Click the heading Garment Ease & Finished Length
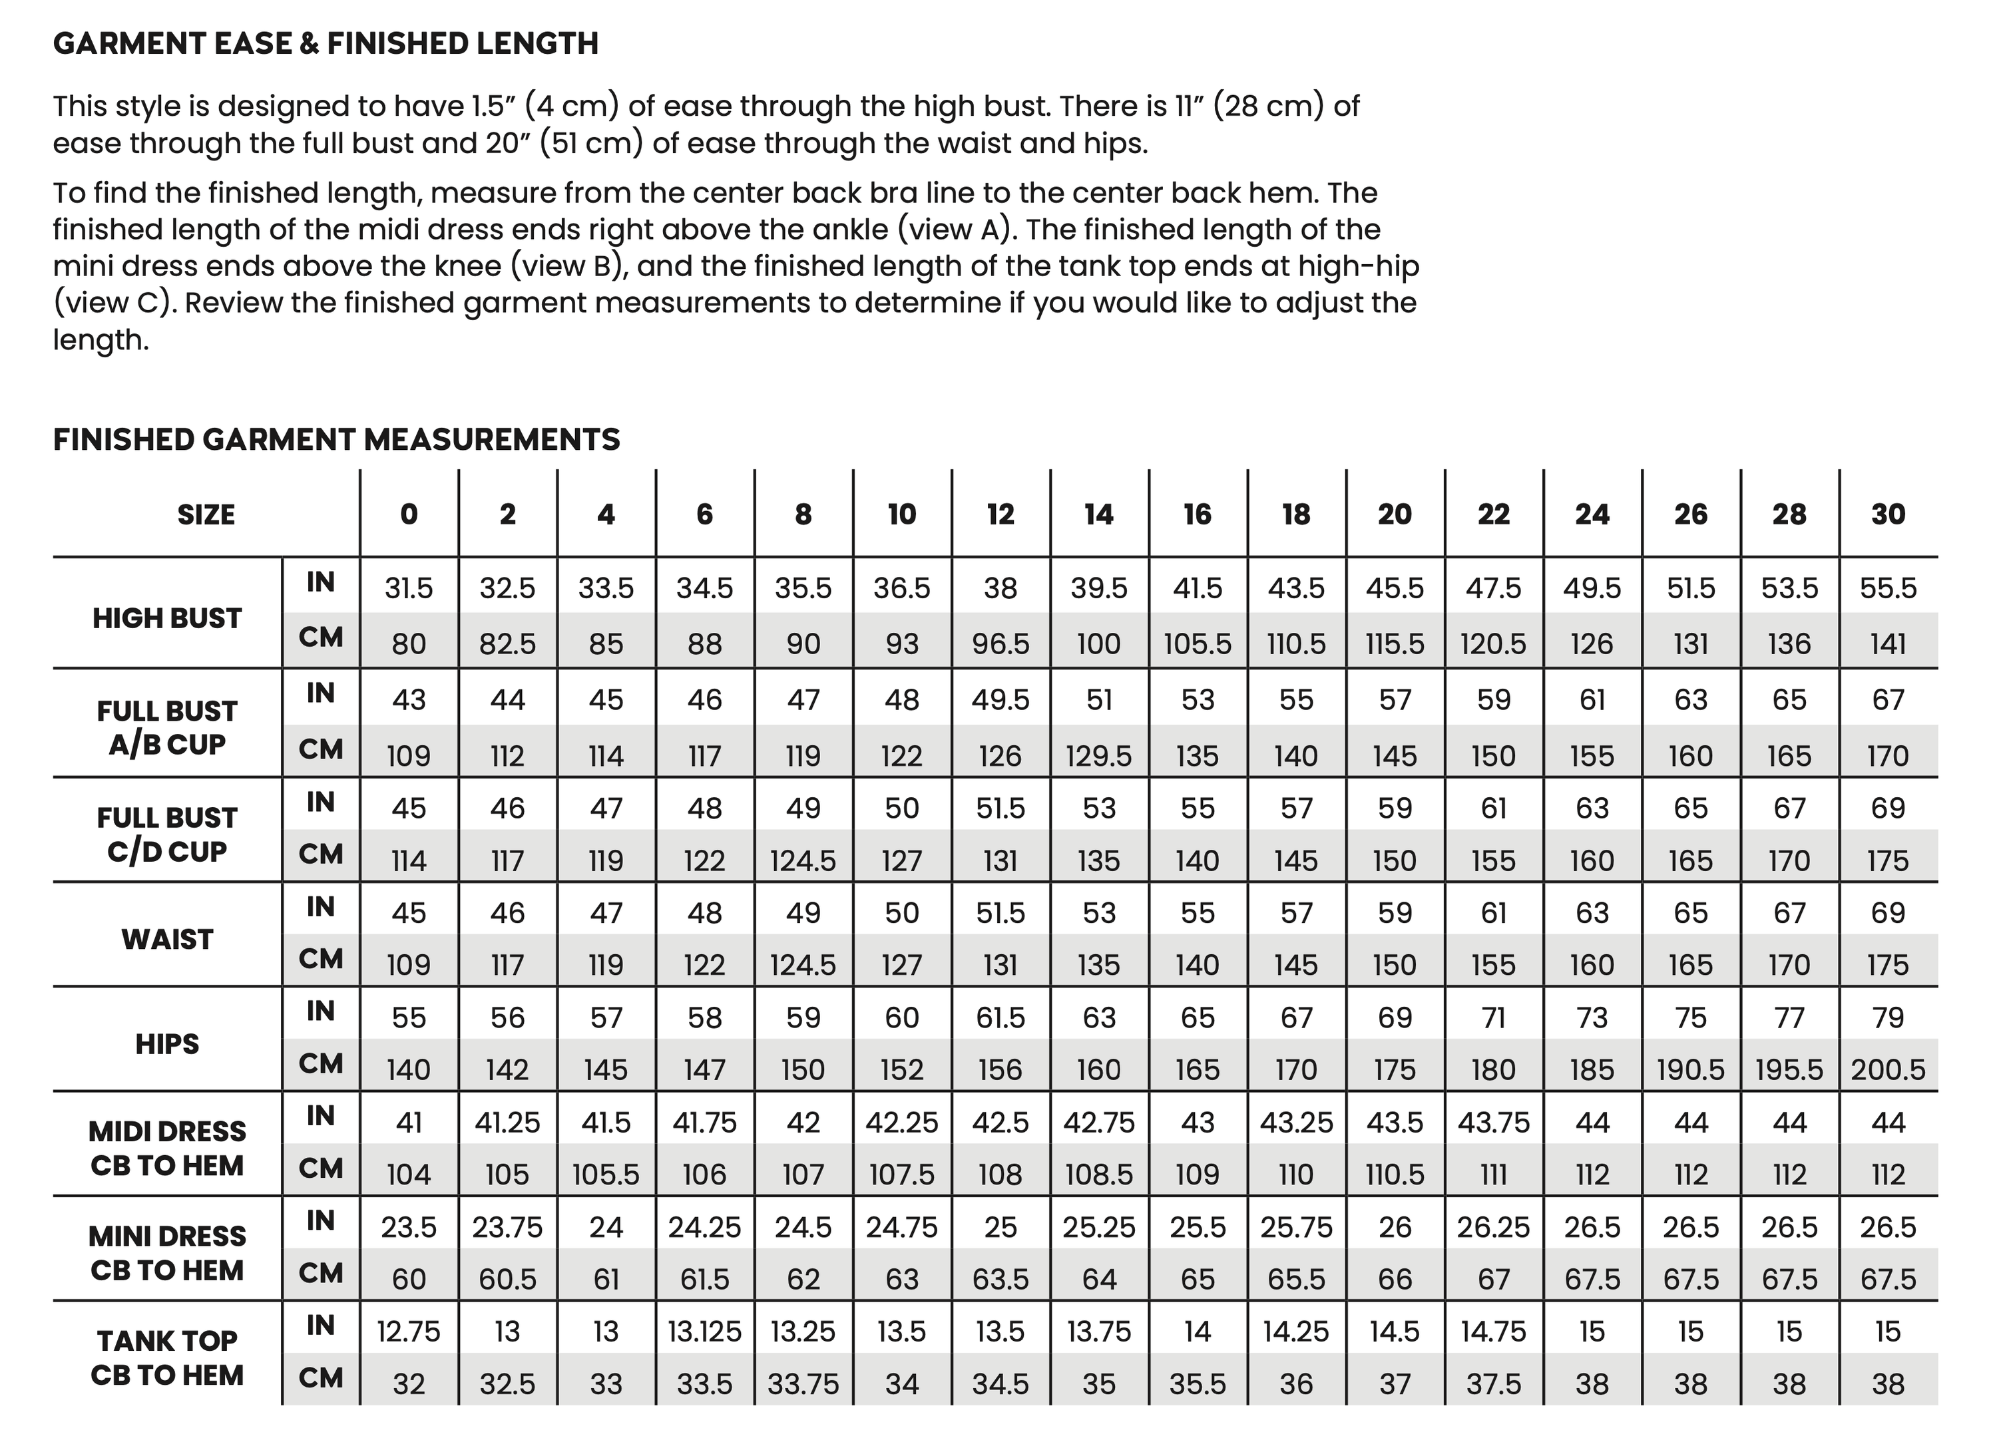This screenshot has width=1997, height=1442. coord(325,44)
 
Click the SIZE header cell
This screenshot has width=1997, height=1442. coord(206,515)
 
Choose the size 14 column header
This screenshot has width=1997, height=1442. coord(1099,515)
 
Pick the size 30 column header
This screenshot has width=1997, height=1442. coord(1888,515)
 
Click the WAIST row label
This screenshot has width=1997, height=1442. coord(167,940)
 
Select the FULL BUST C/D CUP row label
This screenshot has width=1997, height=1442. coord(167,834)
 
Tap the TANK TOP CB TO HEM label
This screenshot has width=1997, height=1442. coord(167,1358)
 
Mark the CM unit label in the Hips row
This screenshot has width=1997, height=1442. coord(320,1064)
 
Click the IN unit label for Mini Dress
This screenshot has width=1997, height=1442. coord(320,1221)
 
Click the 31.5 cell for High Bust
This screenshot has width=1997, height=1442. coord(409,588)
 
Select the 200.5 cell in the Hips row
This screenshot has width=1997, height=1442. coord(1888,1069)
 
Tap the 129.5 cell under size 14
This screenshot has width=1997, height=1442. coord(1099,756)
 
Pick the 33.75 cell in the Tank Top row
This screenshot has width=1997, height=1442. coord(803,1385)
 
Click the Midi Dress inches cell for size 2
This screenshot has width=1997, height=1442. coord(507,1123)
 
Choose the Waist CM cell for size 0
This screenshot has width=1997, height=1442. coord(409,966)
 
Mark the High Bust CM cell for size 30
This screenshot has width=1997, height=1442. coord(1888,644)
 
